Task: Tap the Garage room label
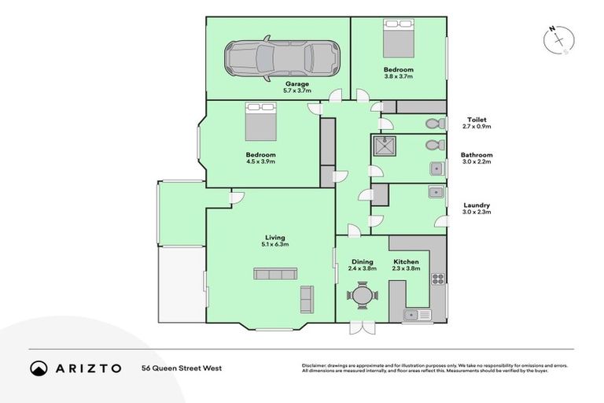coord(297,87)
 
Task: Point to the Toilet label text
coord(476,121)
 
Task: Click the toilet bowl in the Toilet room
coord(431,124)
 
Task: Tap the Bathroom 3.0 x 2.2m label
coord(477,159)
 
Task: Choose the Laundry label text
coord(476,208)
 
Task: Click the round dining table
coord(362,296)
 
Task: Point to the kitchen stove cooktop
coord(437,278)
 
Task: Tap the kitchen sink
coord(417,315)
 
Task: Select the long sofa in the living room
coord(274,273)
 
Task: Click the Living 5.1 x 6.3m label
coord(274,241)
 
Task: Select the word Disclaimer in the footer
coord(315,365)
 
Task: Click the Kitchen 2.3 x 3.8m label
coord(407,264)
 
